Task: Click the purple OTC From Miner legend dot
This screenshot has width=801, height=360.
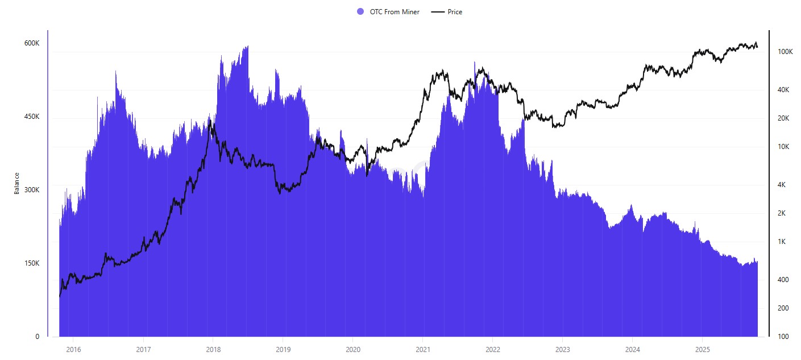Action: pos(360,12)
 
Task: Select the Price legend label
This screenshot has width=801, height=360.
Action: pos(455,12)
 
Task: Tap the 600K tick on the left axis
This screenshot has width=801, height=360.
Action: pos(31,44)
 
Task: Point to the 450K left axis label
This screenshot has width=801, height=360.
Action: pos(31,117)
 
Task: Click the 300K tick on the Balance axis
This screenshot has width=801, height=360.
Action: pos(31,190)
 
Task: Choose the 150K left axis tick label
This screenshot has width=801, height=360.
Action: pos(31,263)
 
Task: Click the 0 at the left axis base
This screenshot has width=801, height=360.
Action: pos(38,337)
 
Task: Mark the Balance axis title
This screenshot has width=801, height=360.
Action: pos(17,183)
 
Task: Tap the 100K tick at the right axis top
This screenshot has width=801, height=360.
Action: pos(785,52)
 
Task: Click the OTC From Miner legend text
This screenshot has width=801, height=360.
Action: pos(395,12)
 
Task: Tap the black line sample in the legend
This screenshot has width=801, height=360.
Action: pos(438,12)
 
